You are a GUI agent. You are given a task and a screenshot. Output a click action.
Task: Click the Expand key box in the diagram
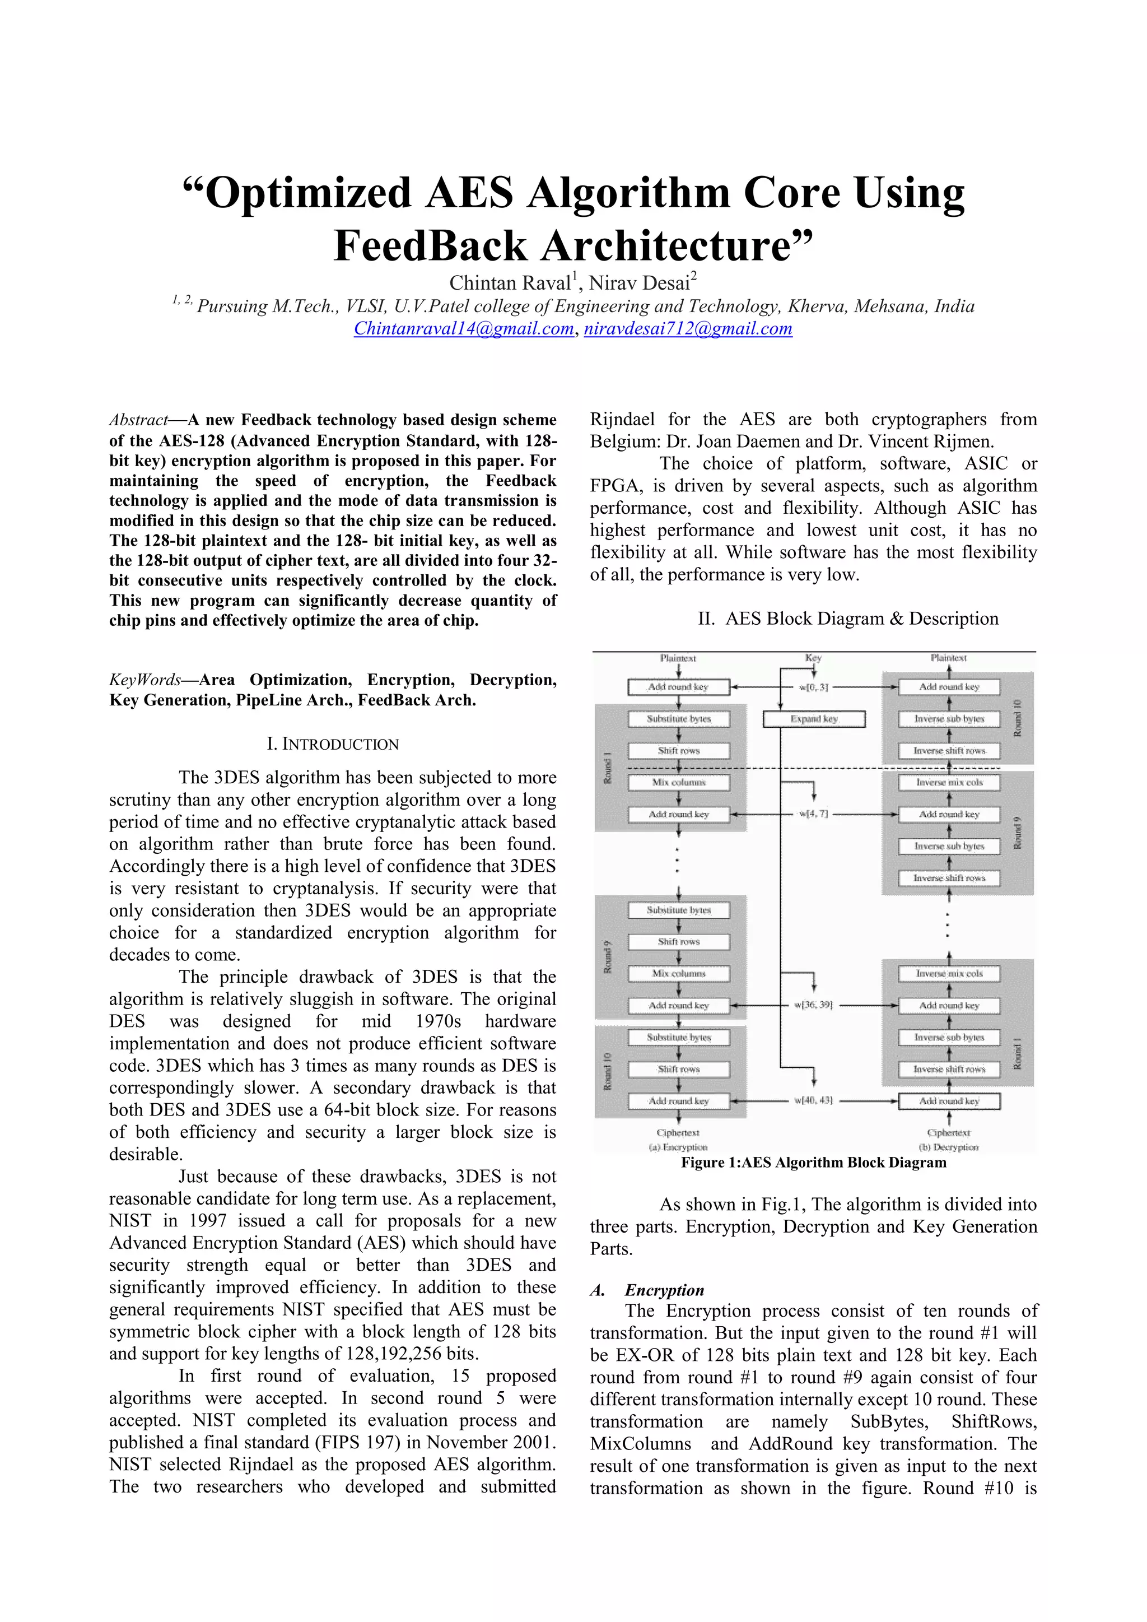tap(814, 718)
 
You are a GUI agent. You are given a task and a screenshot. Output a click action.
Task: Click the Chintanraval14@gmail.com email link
tap(463, 328)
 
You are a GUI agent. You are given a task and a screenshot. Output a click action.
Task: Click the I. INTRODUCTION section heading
tap(332, 744)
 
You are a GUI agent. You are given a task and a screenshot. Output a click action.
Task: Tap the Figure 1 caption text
tap(813, 1163)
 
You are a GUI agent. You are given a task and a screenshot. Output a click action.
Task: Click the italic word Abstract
tap(138, 420)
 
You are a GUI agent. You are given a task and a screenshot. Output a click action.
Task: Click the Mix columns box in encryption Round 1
tap(678, 782)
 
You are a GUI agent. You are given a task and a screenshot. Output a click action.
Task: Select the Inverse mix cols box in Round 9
tap(949, 782)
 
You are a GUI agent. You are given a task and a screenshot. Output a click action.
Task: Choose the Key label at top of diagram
tap(813, 658)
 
